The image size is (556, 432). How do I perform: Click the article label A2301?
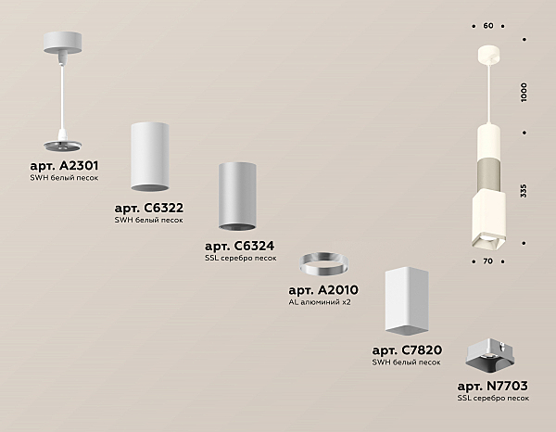64,166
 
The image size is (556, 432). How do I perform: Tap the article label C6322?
149,208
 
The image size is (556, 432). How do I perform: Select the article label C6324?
240,246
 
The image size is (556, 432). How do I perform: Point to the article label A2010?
323,290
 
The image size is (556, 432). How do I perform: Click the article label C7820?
407,350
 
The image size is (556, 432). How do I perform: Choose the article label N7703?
493,386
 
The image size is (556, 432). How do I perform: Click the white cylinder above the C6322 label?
149,157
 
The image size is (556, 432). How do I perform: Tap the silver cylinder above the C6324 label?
237,197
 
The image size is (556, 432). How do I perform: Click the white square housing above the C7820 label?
407,302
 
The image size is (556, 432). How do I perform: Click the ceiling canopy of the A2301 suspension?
62,43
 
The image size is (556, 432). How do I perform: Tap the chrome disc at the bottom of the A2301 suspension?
62,145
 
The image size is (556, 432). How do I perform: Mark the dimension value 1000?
524,92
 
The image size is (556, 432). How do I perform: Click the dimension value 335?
524,190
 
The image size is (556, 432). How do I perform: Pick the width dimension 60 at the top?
488,26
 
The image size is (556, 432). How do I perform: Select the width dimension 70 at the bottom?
488,261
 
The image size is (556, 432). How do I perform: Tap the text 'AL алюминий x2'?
320,302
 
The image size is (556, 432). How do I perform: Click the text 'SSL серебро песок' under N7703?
493,398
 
